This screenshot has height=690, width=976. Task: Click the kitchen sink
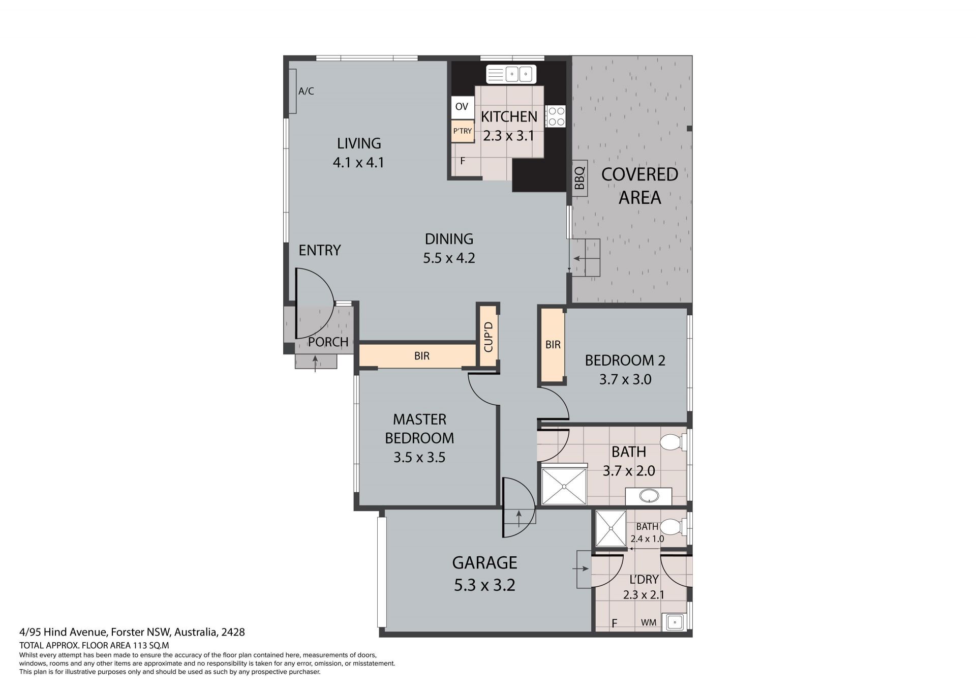511,74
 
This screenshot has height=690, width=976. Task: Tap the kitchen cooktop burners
556,116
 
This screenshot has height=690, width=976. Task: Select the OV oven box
462,107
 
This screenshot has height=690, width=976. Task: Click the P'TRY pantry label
463,131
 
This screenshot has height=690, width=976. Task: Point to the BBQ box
579,178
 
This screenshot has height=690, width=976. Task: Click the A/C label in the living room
306,91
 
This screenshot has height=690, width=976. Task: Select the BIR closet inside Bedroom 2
553,345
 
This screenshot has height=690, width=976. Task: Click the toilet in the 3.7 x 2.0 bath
672,442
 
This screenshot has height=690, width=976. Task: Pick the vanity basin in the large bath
648,495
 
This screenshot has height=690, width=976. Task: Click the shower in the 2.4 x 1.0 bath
611,529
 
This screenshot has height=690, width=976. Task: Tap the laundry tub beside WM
676,622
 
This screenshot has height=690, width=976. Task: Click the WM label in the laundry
648,622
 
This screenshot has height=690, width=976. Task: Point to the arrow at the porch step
316,364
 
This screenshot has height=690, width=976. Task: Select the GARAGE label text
484,562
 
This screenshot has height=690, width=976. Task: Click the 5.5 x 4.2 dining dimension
449,258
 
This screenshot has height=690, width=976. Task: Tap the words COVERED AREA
639,186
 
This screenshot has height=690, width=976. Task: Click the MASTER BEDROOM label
419,429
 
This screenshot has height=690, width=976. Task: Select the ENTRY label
320,250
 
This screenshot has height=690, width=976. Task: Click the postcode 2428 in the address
233,632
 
